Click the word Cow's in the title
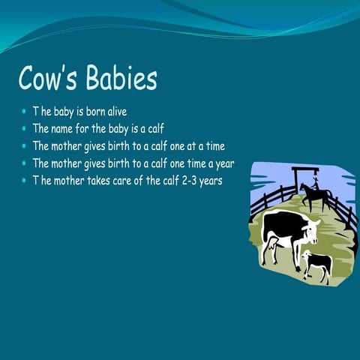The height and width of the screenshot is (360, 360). coord(49,79)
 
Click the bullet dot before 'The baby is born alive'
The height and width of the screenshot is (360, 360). coord(24,112)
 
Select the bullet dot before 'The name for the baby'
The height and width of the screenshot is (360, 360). coord(24,129)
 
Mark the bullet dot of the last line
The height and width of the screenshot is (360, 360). coord(24,181)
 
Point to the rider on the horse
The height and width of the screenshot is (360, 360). coord(316,182)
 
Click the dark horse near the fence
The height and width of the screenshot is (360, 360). coord(315,195)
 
